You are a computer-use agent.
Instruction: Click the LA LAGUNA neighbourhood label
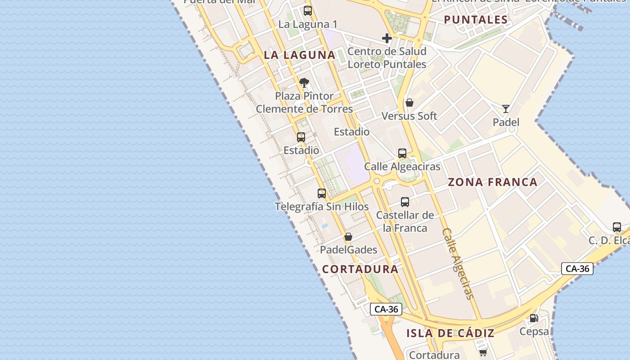(x=299, y=55)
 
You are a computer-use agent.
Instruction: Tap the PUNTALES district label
(x=476, y=19)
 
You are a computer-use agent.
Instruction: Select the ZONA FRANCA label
(x=492, y=182)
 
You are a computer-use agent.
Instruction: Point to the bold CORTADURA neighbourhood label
(x=360, y=269)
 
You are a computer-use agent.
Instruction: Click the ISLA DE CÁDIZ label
(x=450, y=333)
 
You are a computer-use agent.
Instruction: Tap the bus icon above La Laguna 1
(x=308, y=11)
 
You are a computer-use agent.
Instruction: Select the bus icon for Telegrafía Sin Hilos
(x=322, y=193)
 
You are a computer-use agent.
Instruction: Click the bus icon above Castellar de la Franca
(x=405, y=202)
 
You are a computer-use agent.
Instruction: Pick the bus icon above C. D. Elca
(x=616, y=227)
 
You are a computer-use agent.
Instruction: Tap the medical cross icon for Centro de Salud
(x=387, y=38)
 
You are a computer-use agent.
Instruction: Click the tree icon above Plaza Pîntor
(x=304, y=83)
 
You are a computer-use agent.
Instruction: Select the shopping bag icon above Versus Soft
(x=409, y=103)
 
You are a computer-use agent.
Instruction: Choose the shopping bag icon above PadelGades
(x=348, y=237)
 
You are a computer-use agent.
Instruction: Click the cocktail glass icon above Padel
(x=506, y=109)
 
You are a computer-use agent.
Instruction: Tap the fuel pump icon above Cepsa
(x=534, y=318)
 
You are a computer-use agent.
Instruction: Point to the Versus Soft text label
(x=409, y=116)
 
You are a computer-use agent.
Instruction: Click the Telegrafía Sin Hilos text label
(x=322, y=207)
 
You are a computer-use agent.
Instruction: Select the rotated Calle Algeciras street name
(x=458, y=263)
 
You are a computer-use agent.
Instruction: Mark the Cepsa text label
(x=534, y=332)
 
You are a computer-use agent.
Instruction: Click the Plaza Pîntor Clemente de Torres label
(x=304, y=103)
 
